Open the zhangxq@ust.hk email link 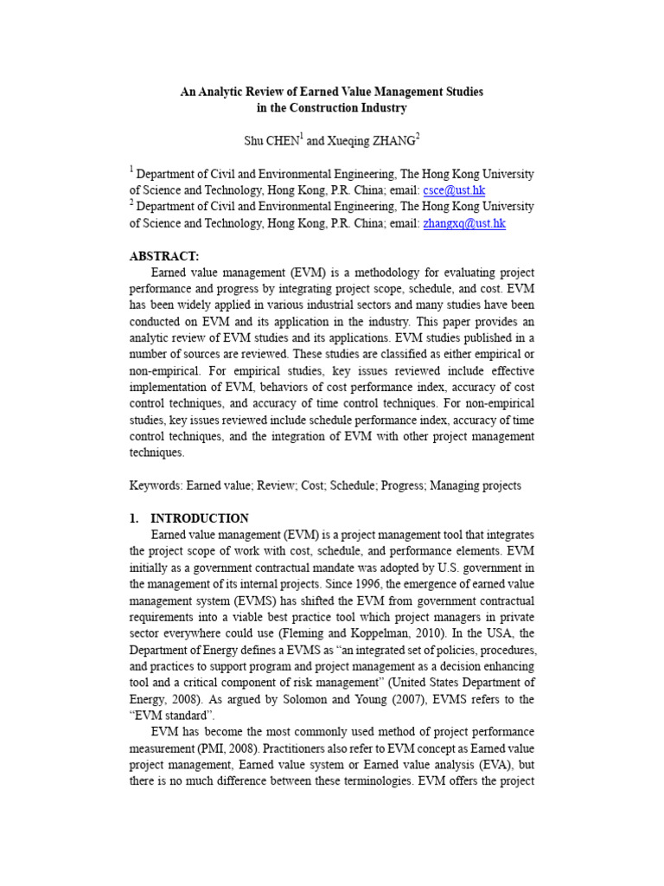coord(464,223)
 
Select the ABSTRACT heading coord(164,256)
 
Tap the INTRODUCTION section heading coord(200,518)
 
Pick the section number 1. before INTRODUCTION coord(134,518)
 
